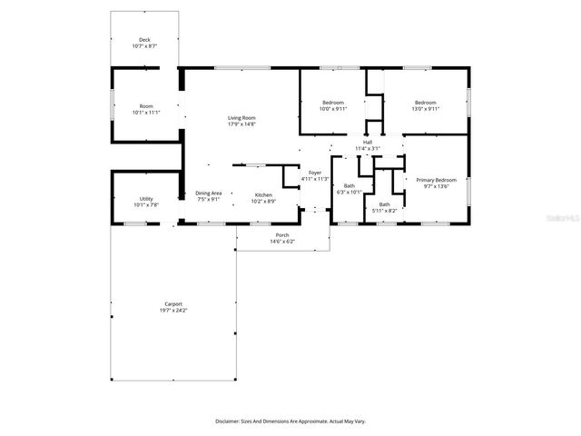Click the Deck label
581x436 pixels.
(144, 40)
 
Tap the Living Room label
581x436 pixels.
(241, 118)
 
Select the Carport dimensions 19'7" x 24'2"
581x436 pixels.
(173, 311)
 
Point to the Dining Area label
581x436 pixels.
(209, 193)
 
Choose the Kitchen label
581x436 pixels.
(263, 195)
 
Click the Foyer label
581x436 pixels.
(315, 173)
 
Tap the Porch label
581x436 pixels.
(282, 235)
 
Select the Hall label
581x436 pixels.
(368, 142)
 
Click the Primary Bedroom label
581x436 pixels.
(436, 180)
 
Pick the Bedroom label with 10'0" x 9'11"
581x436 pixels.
(333, 103)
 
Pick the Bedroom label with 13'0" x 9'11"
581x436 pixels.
(426, 103)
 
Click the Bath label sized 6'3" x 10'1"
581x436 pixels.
(349, 186)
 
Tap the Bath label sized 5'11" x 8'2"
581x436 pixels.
(384, 204)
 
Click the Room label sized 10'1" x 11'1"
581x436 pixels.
(146, 106)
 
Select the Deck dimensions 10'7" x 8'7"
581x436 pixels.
(144, 46)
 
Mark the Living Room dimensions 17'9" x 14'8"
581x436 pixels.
(241, 124)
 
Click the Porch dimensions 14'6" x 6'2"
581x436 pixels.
(282, 242)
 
